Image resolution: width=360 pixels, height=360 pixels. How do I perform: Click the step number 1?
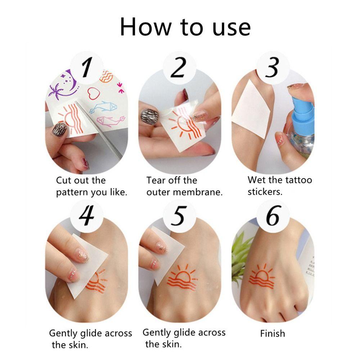coord(86,67)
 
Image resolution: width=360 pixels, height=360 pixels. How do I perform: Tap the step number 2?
coord(178,67)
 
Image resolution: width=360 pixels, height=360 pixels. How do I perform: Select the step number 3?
coord(272,67)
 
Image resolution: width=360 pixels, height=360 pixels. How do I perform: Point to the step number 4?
coord(86,215)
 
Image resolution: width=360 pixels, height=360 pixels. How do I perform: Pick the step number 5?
coord(179,216)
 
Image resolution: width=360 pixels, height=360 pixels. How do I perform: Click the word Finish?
coord(273,333)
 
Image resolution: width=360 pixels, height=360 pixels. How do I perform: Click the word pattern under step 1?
coord(72,192)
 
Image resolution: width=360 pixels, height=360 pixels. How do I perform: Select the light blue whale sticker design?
coord(103,107)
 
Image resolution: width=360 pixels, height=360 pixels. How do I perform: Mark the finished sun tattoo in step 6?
coord(262,276)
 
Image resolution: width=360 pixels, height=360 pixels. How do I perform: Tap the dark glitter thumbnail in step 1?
coord(59,130)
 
